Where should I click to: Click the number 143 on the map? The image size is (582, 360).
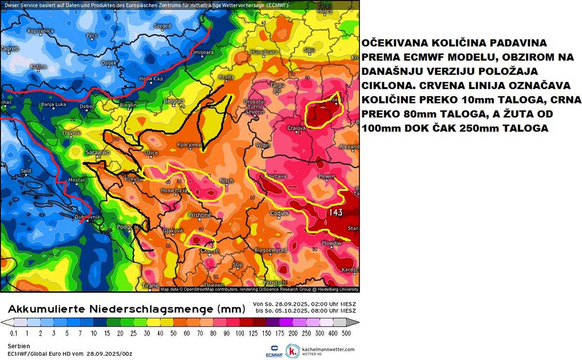336,213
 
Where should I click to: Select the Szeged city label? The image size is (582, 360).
162,26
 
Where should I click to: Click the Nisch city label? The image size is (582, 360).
226,180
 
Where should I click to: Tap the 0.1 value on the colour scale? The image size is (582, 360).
14,333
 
